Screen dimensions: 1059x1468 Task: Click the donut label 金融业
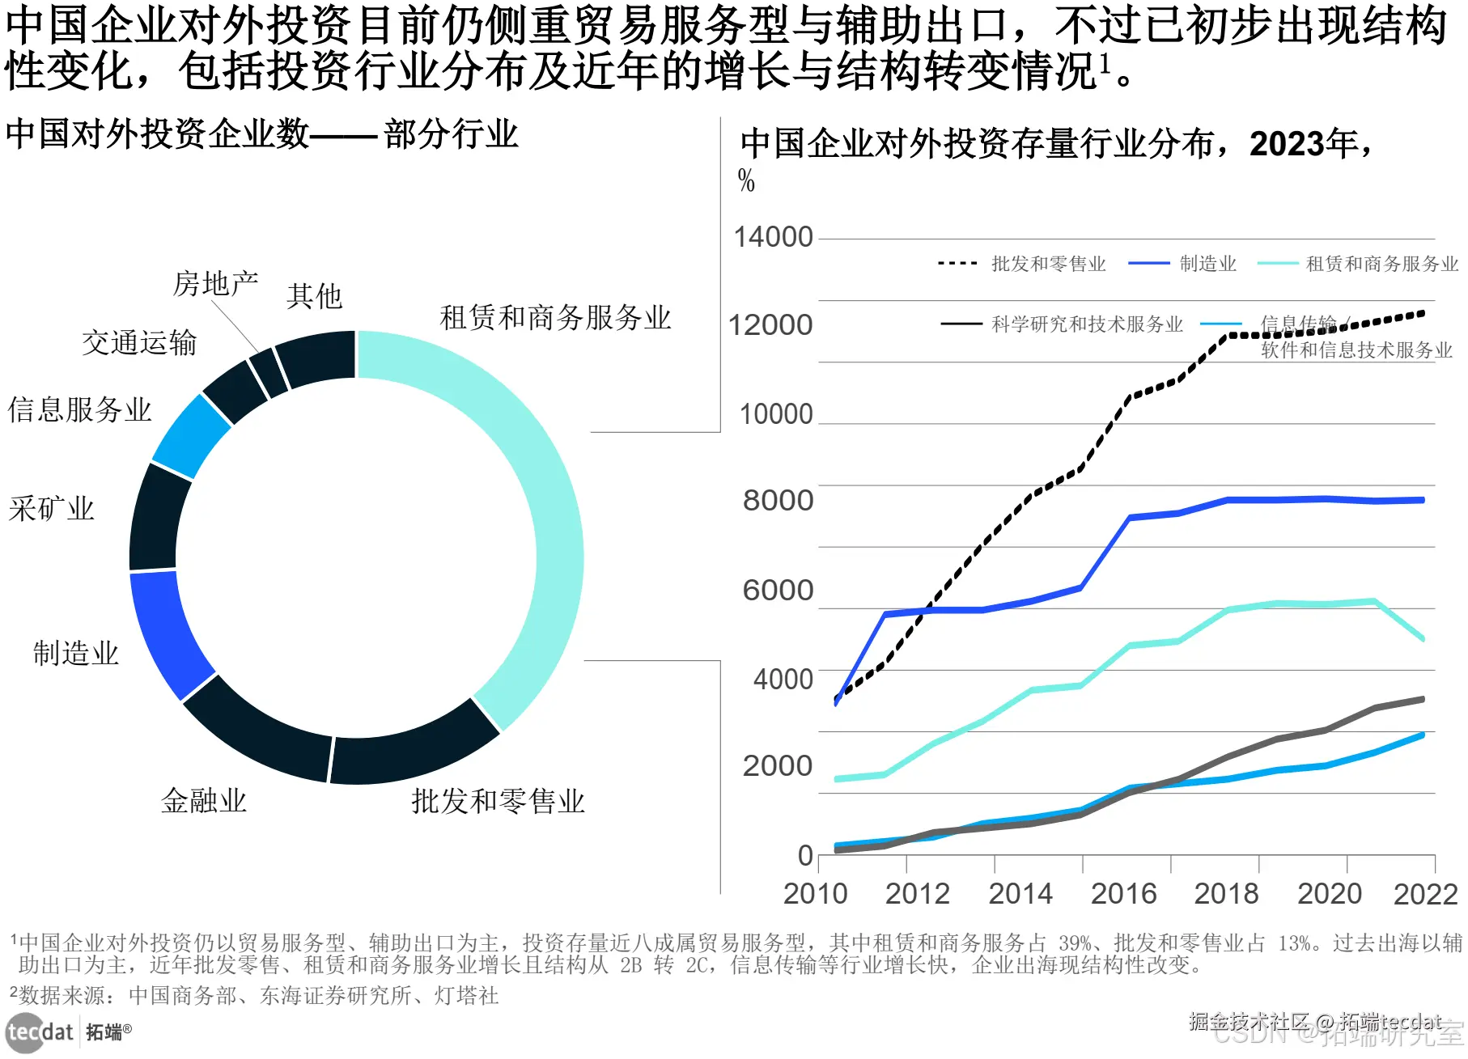tap(204, 801)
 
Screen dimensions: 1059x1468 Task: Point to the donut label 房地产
tap(215, 283)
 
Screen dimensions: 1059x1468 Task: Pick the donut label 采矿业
tap(52, 509)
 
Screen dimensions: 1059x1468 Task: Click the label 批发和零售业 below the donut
tap(498, 801)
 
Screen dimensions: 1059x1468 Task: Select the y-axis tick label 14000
tap(773, 237)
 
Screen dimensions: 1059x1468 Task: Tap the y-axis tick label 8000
tap(778, 500)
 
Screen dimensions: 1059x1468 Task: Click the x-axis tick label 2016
tap(1123, 893)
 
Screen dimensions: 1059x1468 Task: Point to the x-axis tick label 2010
tap(815, 893)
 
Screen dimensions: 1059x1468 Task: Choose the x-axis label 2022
tap(1425, 893)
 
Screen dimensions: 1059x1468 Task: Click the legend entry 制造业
tap(1207, 264)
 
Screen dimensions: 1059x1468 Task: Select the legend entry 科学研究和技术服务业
tap(1087, 324)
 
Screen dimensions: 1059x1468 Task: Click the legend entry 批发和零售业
tap(1048, 264)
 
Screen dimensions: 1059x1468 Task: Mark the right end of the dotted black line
tap(1423, 313)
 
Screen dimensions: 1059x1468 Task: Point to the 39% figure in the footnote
tap(1076, 943)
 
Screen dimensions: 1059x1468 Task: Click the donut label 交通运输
tap(139, 342)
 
